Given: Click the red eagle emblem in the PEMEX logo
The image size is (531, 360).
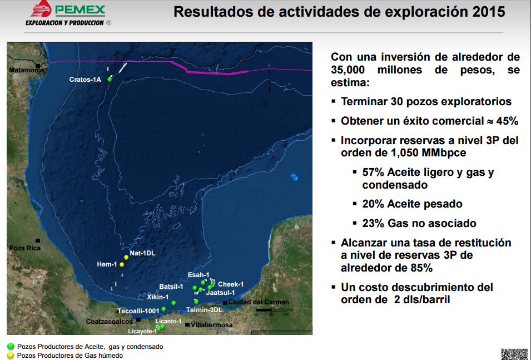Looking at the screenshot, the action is (41, 8).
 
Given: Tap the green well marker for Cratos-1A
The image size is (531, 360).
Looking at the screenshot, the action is (110, 80).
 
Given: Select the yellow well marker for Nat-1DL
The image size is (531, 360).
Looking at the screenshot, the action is (126, 257).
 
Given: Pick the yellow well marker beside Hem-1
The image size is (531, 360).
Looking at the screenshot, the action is (122, 265).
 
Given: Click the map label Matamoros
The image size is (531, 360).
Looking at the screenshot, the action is (27, 70).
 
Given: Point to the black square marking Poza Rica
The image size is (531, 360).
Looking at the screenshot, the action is (38, 241).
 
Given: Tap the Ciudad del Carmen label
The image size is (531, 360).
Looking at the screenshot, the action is (259, 302).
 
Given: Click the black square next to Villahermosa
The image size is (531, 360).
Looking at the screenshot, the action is (187, 325).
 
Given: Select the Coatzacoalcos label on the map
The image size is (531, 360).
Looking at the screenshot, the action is (110, 322).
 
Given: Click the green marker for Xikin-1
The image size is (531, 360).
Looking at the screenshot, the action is (173, 303).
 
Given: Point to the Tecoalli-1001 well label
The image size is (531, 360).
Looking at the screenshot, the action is (138, 311).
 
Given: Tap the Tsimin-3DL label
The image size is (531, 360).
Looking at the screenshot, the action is (204, 310).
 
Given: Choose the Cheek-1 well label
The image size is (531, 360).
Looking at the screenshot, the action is (231, 284).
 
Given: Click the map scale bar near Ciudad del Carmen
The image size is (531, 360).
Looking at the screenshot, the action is (271, 310).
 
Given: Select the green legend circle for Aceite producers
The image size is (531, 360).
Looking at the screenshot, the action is (11, 347).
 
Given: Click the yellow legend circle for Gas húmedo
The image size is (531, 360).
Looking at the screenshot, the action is (11, 355).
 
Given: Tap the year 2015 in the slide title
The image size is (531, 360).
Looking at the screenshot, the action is (489, 12).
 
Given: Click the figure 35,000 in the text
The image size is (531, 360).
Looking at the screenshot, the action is (348, 70).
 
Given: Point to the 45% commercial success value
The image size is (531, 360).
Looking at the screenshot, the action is (507, 121).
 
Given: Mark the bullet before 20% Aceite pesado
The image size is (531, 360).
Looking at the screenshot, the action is (355, 204).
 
